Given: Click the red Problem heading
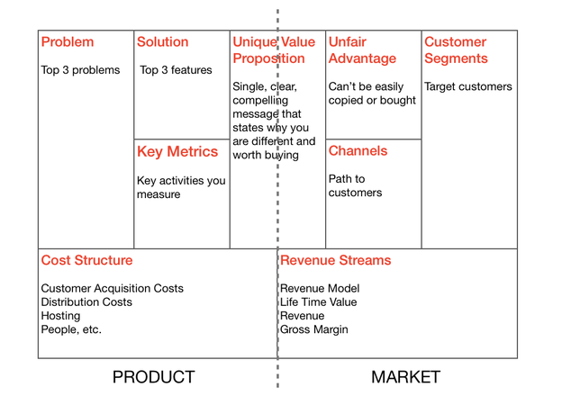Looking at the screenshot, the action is click(68, 42).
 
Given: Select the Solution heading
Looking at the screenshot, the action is click(162, 42).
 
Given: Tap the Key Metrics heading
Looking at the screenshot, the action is click(177, 152).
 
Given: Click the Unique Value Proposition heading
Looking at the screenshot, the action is click(274, 50).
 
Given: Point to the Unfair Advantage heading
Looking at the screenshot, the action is click(362, 50).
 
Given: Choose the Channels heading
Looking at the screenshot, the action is click(358, 151).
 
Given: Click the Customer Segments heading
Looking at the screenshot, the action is click(456, 50).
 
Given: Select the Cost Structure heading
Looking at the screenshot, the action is click(86, 260).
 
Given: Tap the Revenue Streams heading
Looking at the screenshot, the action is click(335, 260).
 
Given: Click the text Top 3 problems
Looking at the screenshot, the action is click(80, 70).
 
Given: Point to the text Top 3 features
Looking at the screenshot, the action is click(176, 70).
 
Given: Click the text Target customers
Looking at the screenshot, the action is click(468, 86).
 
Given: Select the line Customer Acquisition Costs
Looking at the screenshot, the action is click(113, 288).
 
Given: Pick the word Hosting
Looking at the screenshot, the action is click(60, 316).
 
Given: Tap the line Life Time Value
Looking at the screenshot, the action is click(318, 301).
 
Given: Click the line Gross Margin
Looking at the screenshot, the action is click(314, 329).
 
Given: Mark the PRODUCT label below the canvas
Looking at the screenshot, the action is click(154, 377).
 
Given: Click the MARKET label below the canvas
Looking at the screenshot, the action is click(405, 377).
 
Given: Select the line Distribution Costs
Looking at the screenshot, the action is click(86, 301).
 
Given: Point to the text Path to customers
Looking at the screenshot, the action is click(355, 185).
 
